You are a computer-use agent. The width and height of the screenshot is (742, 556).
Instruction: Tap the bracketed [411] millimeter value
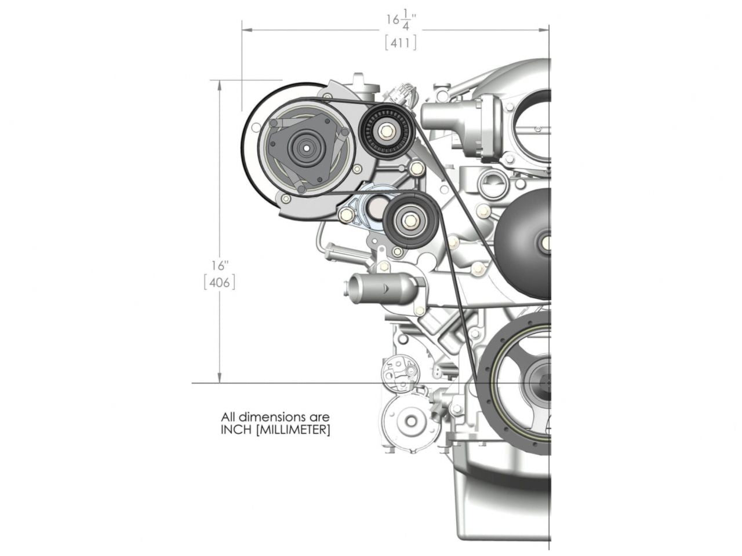pyautogui.click(x=401, y=42)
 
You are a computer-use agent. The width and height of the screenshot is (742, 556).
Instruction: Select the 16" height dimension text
pyautogui.click(x=220, y=266)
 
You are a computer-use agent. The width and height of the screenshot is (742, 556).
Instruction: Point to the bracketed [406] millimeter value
pyautogui.click(x=220, y=283)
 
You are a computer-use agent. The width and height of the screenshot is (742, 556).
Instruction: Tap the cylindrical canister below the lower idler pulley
pyautogui.click(x=383, y=287)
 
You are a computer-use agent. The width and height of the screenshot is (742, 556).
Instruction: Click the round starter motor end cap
pyautogui.click(x=408, y=422)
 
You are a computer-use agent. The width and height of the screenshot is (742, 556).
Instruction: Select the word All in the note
pyautogui.click(x=228, y=416)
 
